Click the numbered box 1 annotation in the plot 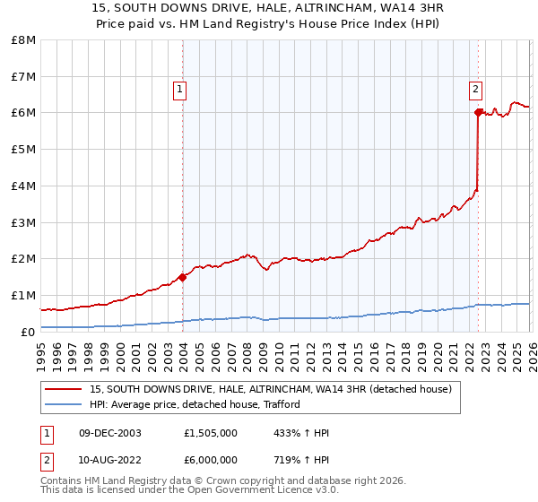pyautogui.click(x=180, y=89)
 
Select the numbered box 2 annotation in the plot pyautogui.click(x=475, y=89)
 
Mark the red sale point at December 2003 pyautogui.click(x=183, y=277)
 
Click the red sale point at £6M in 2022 pyautogui.click(x=478, y=113)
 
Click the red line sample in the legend pyautogui.click(x=64, y=389)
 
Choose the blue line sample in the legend pyautogui.click(x=64, y=404)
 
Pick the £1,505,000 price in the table pyautogui.click(x=211, y=434)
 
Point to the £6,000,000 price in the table pyautogui.click(x=211, y=460)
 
